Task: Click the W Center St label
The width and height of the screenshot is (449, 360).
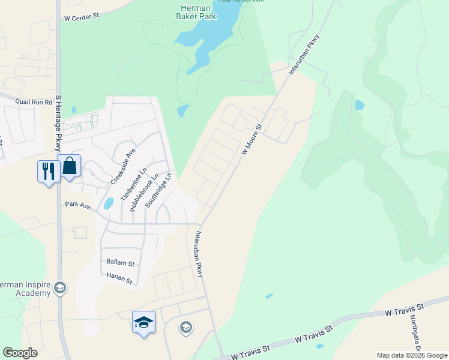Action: pos(81,17)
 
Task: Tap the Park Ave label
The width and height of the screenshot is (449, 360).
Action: pos(77,206)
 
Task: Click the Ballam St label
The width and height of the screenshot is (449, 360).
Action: pos(120,262)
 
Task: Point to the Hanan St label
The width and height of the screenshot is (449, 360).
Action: pos(119,275)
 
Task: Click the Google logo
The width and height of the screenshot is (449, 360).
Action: pos(20,353)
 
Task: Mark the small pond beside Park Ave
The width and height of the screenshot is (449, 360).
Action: pos(109,203)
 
